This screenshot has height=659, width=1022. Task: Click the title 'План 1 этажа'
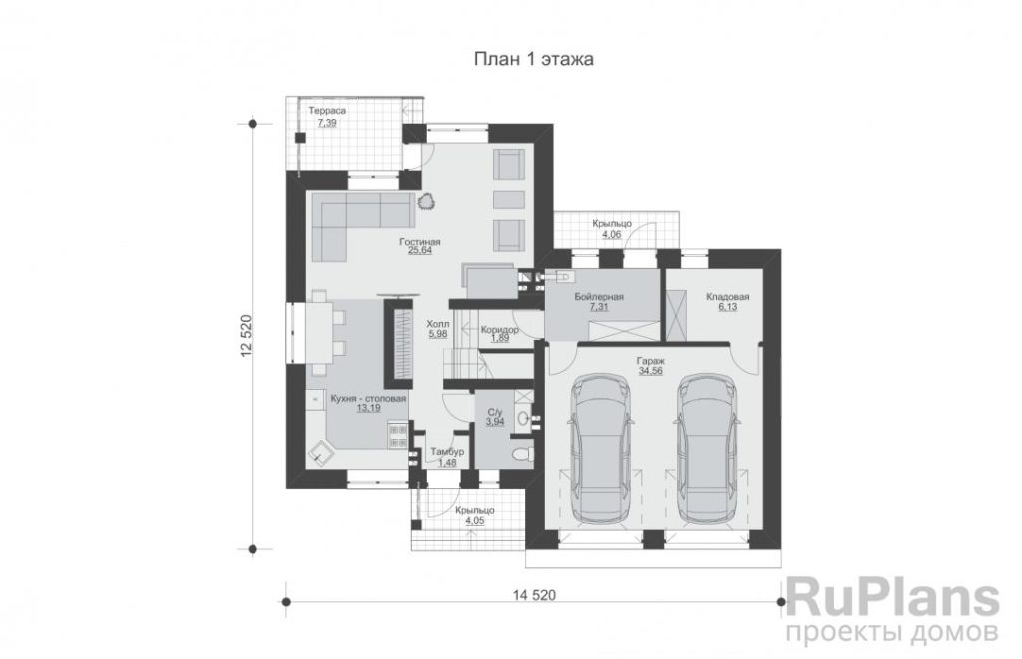click(533, 59)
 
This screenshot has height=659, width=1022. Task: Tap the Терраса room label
click(327, 111)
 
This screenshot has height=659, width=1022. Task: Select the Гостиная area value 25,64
click(420, 250)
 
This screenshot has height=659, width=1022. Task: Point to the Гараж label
click(650, 361)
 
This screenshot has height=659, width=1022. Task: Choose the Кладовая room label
click(727, 297)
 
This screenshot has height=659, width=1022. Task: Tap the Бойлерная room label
click(599, 297)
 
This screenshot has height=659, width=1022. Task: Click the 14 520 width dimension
click(534, 594)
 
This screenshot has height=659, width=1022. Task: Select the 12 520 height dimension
click(246, 336)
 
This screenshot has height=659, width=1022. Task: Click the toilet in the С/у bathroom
click(522, 454)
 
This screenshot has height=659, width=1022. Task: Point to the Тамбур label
click(447, 452)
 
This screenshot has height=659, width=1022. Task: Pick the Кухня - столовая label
click(368, 399)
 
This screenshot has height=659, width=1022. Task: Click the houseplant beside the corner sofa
click(427, 201)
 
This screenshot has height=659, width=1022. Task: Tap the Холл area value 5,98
click(437, 333)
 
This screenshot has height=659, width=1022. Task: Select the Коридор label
click(499, 329)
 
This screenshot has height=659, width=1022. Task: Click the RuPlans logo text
click(893, 598)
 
